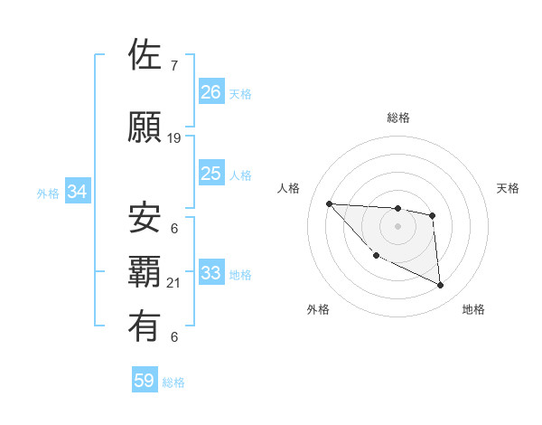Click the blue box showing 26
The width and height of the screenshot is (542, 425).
coord(211,92)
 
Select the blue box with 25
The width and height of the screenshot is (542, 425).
coord(211,174)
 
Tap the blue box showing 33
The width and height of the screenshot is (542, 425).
coord(211,273)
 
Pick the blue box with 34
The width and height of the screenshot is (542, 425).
coord(77,192)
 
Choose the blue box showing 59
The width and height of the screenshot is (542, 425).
coord(145,382)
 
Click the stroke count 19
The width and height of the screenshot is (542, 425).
coord(174,138)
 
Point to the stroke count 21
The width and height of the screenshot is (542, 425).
coord(174,283)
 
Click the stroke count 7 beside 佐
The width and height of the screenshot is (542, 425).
coord(173,66)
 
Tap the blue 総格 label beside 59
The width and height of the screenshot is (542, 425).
coord(173,382)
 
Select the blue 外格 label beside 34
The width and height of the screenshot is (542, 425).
coord(48,193)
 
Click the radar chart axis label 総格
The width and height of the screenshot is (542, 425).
coord(397,118)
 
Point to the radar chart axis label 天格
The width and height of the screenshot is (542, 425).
coord(509,188)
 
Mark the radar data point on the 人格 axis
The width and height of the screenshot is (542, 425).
coord(329,203)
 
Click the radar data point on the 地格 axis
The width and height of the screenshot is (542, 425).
coord(441,286)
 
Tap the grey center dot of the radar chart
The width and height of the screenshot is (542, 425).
coord(397,226)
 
